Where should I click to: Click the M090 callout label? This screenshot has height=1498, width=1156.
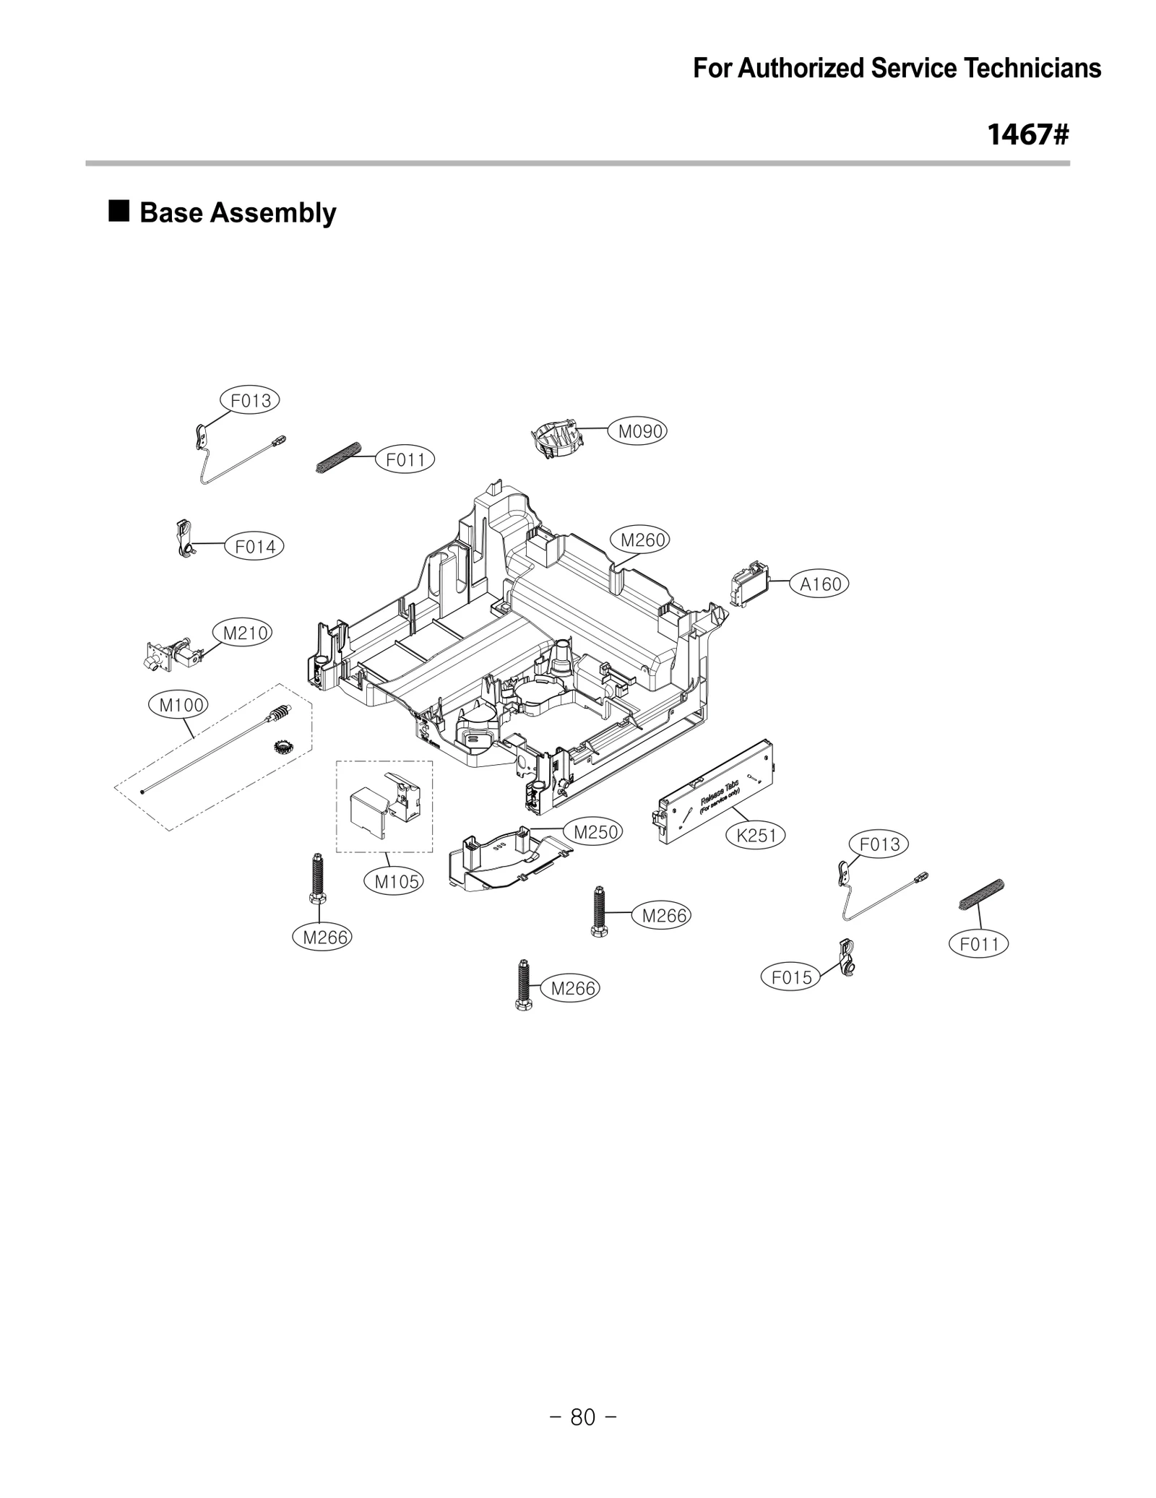click(x=640, y=431)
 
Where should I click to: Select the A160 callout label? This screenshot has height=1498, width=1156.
click(x=821, y=584)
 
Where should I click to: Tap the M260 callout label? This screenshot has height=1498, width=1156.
click(x=642, y=540)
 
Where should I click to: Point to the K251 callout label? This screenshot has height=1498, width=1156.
click(x=756, y=836)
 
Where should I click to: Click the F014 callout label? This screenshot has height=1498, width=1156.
click(x=255, y=547)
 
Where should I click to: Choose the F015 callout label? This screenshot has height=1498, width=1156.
click(x=791, y=978)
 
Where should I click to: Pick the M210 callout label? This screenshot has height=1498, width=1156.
click(x=245, y=633)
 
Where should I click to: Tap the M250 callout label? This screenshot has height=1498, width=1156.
click(x=595, y=832)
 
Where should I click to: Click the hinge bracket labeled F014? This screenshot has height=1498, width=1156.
click(x=185, y=540)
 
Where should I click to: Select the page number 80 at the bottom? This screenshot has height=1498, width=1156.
click(x=582, y=1418)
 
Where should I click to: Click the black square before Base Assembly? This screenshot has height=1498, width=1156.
click(x=119, y=212)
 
